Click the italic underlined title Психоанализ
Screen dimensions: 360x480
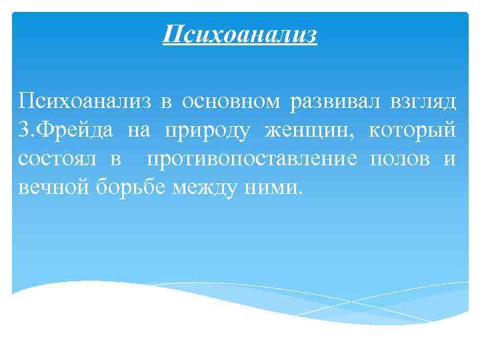(x=240, y=33)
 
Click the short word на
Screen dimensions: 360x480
(x=139, y=131)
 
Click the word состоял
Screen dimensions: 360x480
(x=56, y=159)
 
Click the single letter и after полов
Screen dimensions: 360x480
(x=451, y=159)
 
